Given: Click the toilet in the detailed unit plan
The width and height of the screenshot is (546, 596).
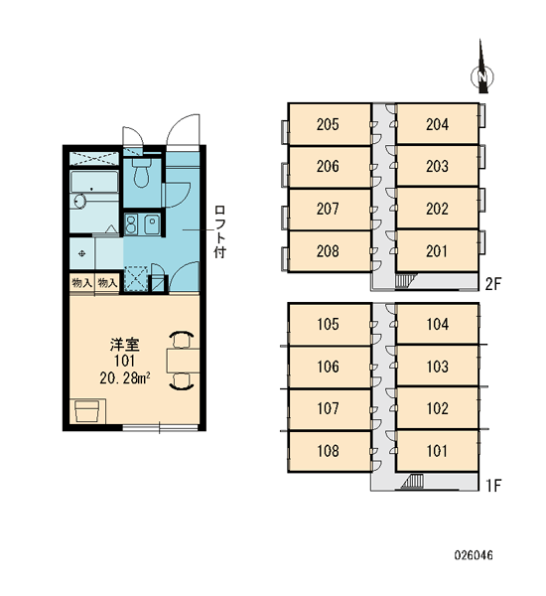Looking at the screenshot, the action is click(x=141, y=173).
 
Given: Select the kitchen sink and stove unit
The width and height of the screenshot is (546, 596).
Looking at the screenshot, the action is click(x=142, y=224).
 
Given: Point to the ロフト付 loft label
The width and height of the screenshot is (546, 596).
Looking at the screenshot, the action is click(x=220, y=231).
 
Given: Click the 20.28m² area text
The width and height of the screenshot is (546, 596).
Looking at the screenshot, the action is click(x=125, y=377).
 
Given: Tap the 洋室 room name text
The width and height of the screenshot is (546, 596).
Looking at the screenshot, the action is click(x=125, y=345).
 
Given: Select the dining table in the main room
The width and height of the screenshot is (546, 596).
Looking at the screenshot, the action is click(x=183, y=361).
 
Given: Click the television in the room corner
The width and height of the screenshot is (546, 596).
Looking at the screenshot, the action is click(x=87, y=411).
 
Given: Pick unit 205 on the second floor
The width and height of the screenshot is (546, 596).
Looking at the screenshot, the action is click(x=329, y=124).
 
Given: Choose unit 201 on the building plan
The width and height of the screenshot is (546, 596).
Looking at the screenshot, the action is click(x=437, y=251).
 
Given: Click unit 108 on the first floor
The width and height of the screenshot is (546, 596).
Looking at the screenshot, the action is click(x=329, y=451).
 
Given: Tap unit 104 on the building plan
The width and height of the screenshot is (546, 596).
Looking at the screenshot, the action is click(x=437, y=324).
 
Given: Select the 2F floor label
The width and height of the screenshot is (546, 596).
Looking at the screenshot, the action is click(x=493, y=283).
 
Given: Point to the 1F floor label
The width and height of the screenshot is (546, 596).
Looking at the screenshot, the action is click(x=493, y=486).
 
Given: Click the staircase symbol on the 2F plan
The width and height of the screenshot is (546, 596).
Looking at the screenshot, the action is click(x=403, y=280).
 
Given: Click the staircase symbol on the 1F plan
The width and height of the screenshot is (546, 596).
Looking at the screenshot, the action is click(x=412, y=481).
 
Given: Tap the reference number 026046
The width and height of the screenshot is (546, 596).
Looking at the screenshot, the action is click(x=474, y=555).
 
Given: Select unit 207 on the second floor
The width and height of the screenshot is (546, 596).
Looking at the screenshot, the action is click(x=329, y=209).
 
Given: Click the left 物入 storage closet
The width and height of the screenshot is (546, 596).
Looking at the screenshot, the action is click(x=81, y=283).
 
